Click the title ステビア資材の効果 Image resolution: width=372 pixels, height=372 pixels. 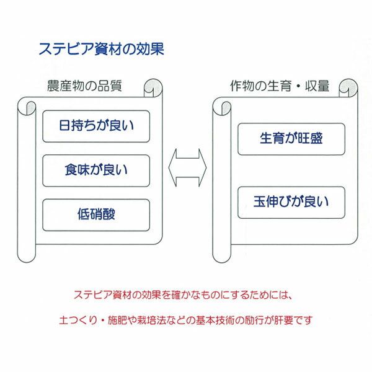click(100, 50)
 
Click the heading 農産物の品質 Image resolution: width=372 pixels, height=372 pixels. click(84, 86)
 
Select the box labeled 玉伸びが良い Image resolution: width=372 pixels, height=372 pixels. click(291, 202)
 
